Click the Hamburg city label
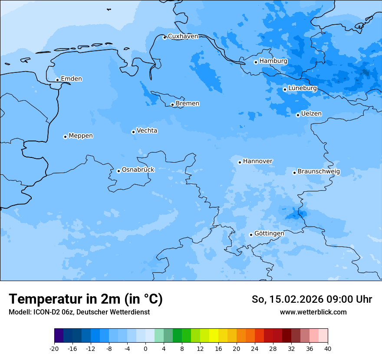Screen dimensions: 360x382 (273, 61)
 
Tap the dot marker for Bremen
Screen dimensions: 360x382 (172, 105)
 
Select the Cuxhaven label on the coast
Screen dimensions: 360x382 (183, 36)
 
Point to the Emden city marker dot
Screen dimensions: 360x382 (57, 80)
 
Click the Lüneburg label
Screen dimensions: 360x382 (302, 88)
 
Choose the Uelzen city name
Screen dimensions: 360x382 (311, 114)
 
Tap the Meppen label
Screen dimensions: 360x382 (81, 136)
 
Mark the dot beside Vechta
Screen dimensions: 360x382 (133, 132)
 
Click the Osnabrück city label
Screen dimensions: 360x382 (138, 170)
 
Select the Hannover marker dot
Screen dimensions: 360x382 (240, 162)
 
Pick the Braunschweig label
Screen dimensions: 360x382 (319, 172)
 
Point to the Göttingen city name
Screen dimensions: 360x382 (269, 233)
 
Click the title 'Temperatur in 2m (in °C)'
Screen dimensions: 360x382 (86, 299)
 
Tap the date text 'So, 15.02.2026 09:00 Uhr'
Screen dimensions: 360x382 (312, 299)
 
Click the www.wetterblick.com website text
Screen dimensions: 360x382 (313, 312)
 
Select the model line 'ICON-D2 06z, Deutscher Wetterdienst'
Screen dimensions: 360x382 (79, 312)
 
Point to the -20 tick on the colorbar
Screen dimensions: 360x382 (54, 348)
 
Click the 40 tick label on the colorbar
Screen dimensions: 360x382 (327, 348)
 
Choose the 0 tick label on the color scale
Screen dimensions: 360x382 (145, 348)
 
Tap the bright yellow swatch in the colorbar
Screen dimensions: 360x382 (214, 336)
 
